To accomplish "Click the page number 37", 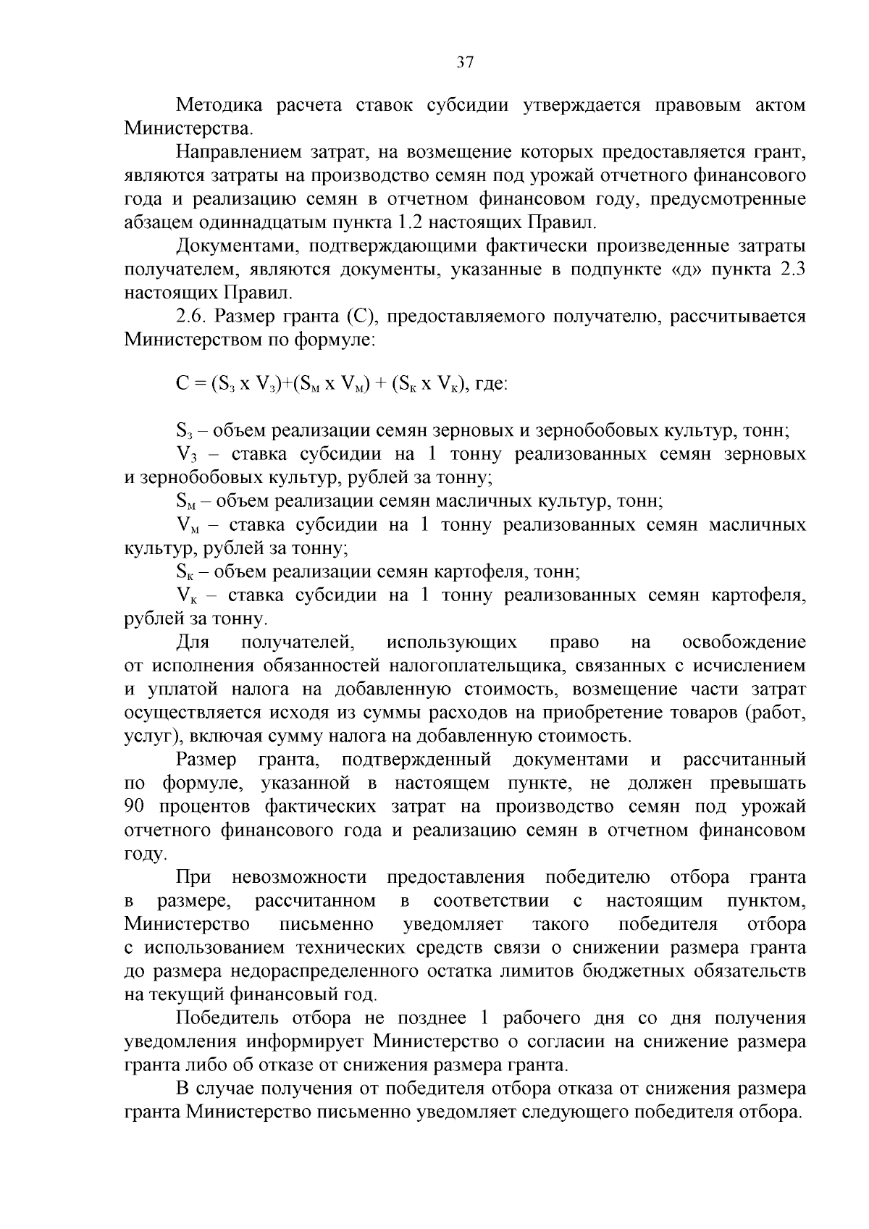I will tap(464, 62).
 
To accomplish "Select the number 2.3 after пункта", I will tap(790, 270).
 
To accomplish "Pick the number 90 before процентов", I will tap(135, 807).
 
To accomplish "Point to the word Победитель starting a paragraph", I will tap(228, 1018).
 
